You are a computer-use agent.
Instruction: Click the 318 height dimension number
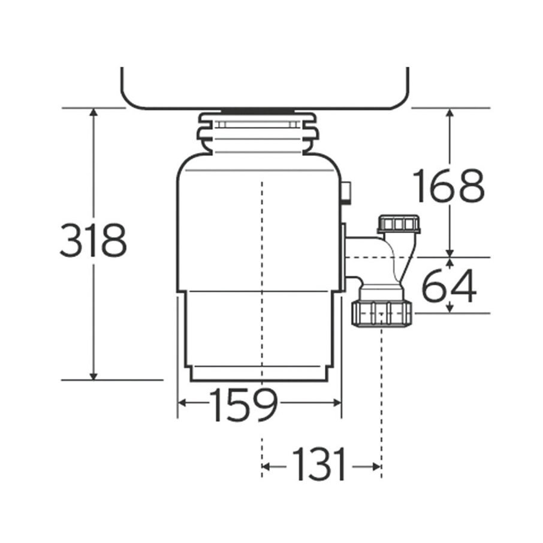(x=93, y=240)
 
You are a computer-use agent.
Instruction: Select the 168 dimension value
(x=449, y=185)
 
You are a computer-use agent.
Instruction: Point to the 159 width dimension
(x=244, y=404)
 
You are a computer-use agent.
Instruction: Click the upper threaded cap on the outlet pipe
(x=399, y=224)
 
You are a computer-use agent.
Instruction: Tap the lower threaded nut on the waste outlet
(x=382, y=313)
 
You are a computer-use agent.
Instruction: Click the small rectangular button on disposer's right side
(x=346, y=192)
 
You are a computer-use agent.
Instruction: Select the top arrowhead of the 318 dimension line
(x=93, y=113)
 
